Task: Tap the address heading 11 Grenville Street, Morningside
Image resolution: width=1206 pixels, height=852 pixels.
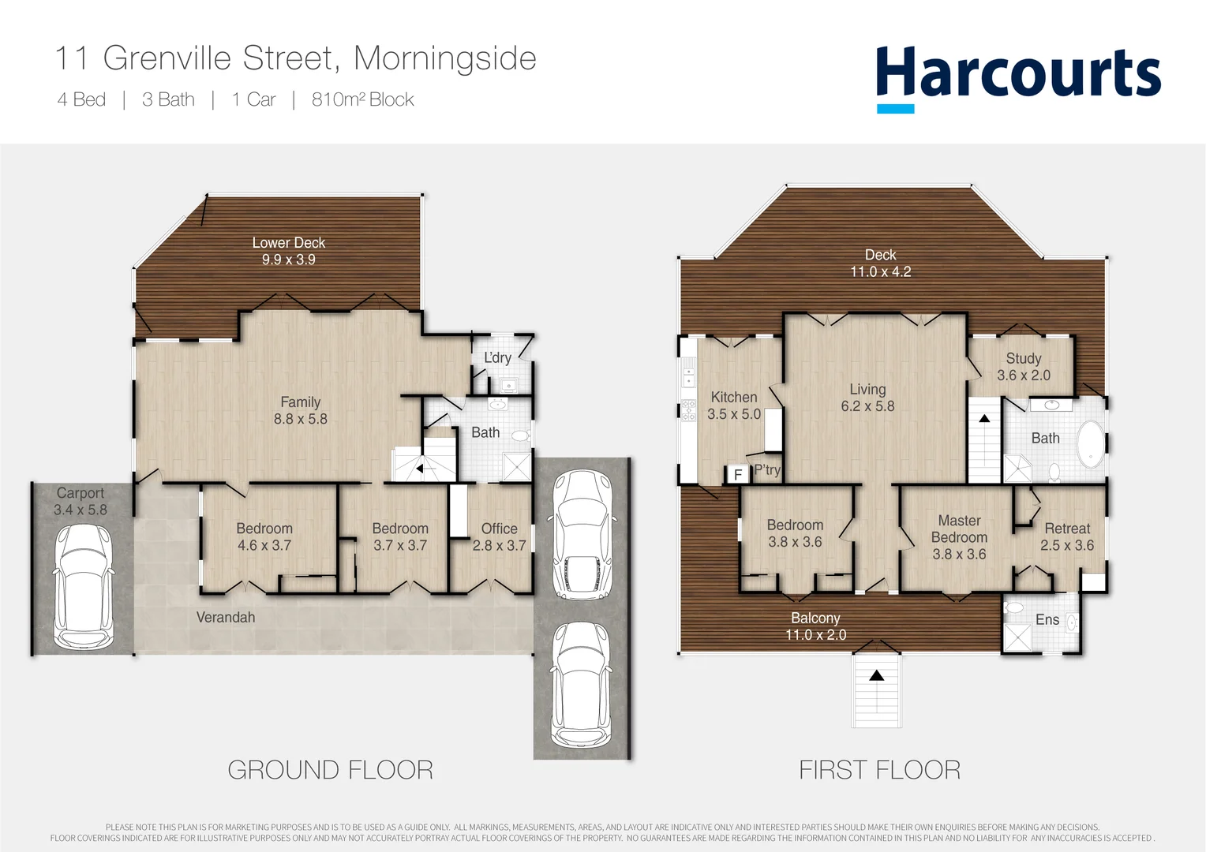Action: coord(295,58)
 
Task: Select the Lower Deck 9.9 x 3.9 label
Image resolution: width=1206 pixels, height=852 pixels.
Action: coord(288,251)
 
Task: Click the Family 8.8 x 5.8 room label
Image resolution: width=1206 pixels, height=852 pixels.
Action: coord(300,410)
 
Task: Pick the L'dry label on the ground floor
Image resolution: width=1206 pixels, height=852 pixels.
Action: coord(497,357)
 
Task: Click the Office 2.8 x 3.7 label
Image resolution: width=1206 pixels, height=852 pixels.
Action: coord(499,536)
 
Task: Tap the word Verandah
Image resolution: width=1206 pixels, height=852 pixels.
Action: coord(226,617)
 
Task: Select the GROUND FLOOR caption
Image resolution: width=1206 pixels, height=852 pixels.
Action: coord(330,769)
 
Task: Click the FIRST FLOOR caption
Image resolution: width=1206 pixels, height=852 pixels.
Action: coord(879,769)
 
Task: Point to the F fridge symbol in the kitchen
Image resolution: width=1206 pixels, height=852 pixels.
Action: coord(737,474)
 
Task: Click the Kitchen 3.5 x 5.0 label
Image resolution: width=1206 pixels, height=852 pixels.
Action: coord(734,405)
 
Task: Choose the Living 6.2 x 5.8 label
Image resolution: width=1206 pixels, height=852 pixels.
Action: coord(867,398)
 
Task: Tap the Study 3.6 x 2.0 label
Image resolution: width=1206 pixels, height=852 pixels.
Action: coord(1023,367)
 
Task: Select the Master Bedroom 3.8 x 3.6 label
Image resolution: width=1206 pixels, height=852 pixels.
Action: coord(959,537)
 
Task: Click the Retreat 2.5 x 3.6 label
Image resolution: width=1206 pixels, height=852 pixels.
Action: coord(1067,536)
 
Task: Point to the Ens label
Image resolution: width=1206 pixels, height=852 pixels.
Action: coord(1047,619)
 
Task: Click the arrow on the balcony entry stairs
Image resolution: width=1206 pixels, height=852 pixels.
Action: coord(876,675)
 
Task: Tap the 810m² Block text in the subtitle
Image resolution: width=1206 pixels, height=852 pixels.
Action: coord(362,99)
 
